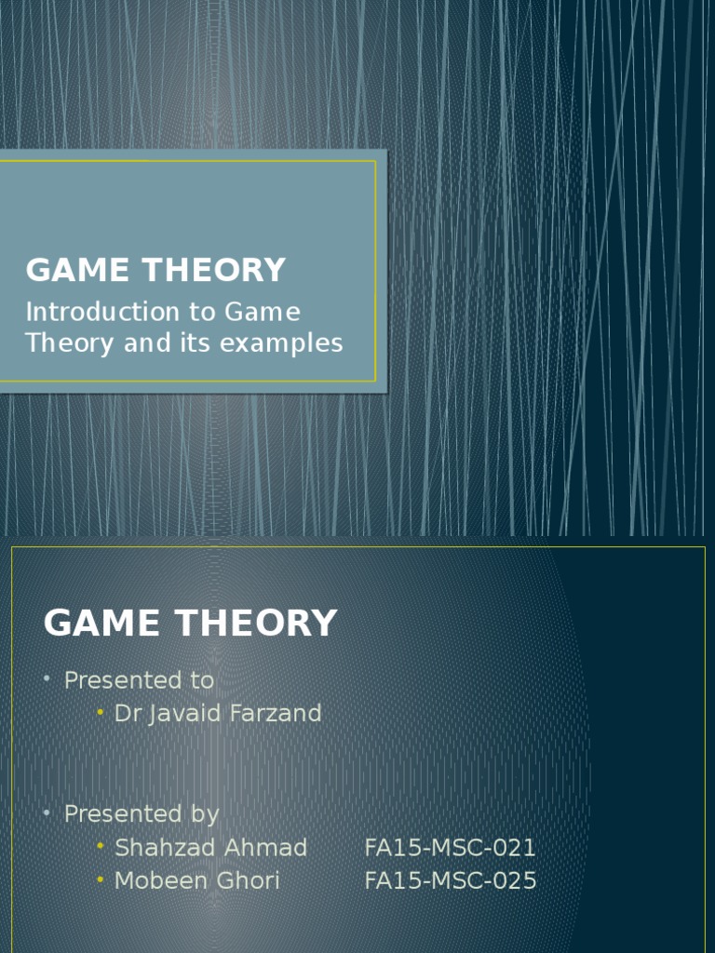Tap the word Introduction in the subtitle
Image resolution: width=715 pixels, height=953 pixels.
pos(101,311)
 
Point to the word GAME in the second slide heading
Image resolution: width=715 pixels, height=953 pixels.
pos(102,623)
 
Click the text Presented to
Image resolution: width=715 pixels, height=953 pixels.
pos(139,680)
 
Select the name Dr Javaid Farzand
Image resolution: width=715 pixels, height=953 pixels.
pos(218,714)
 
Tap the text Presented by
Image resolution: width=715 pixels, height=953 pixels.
pos(142,813)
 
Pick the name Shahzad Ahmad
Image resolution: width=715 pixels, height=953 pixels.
pos(210,847)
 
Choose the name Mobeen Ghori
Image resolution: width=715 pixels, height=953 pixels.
pos(196,880)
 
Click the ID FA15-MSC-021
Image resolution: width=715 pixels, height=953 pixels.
pos(451,847)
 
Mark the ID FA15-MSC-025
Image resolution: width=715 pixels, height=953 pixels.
pos(451,880)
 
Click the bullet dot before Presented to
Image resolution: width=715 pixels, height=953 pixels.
pos(47,680)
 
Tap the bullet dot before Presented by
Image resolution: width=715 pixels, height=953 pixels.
pos(47,813)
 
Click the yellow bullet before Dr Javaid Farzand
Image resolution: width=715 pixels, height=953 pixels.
pos(100,714)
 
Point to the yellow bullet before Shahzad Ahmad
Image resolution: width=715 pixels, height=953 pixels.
pos(100,847)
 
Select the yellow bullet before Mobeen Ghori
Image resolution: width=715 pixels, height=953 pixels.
pos(100,880)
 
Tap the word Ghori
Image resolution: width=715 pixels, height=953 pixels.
pos(249,880)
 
